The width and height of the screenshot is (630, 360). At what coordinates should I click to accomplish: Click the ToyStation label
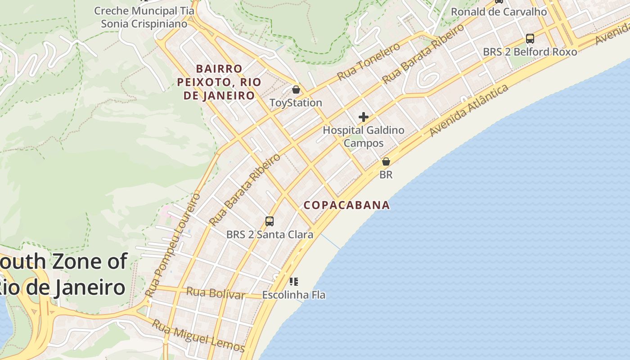point(296,103)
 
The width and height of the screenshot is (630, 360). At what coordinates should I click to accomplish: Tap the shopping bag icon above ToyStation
point(296,90)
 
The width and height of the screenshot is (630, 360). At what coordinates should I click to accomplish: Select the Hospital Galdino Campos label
point(364,137)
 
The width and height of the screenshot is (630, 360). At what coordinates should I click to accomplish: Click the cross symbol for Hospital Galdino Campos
point(364,117)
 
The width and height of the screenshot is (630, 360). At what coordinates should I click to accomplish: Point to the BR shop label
point(386,175)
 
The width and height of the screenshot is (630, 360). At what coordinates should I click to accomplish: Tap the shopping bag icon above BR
point(386,162)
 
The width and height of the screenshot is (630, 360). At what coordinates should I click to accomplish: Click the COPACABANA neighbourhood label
point(346,205)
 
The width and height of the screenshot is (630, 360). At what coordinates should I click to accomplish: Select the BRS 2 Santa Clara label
point(270,234)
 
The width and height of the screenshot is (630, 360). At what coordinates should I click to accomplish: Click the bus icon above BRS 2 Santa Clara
point(270,221)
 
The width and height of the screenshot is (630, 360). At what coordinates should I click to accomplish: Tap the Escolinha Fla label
point(293,295)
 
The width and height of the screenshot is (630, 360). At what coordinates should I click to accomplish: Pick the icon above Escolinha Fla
point(293,282)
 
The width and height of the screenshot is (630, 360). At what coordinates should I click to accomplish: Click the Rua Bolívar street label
point(215,293)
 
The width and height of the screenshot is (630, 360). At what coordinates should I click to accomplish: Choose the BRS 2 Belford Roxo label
point(530,52)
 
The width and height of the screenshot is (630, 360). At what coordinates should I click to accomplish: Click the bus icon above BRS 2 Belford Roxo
point(530,38)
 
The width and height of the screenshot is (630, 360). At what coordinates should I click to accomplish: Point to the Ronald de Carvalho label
point(499,12)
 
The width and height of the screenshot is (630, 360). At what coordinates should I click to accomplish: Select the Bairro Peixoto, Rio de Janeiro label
point(219,82)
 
